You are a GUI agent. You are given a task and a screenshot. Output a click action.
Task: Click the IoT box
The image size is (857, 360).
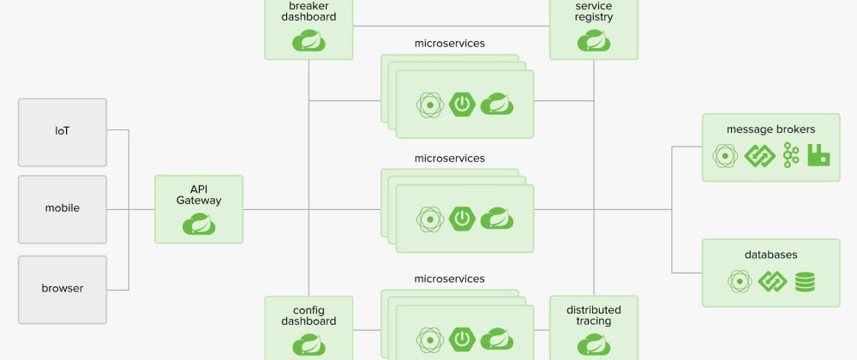pyautogui.click(x=63, y=131)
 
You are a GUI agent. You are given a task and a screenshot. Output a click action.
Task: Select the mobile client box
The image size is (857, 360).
pyautogui.click(x=63, y=208)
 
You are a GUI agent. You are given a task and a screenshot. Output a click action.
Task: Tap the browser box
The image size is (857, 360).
pyautogui.click(x=63, y=288)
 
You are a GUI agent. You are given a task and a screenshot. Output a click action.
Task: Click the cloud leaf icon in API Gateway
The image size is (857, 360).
pyautogui.click(x=199, y=224)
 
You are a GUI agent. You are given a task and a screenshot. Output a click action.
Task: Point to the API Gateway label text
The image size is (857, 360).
pyautogui.click(x=199, y=194)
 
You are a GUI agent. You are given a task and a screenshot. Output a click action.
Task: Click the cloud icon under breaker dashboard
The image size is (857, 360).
pyautogui.click(x=308, y=39)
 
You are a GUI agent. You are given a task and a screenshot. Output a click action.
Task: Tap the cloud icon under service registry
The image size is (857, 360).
pyautogui.click(x=593, y=39)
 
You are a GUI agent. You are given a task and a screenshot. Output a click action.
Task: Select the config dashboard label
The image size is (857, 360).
pyautogui.click(x=308, y=315)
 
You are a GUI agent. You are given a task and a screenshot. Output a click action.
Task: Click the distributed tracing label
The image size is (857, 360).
pyautogui.click(x=593, y=315)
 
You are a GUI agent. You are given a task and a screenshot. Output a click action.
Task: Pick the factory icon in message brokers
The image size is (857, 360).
pyautogui.click(x=818, y=155)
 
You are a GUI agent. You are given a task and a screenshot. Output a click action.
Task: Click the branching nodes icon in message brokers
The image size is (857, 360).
pyautogui.click(x=790, y=155)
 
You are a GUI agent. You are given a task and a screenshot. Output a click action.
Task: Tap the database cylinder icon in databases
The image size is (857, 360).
pyautogui.click(x=805, y=281)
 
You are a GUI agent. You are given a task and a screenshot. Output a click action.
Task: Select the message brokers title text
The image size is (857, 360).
pyautogui.click(x=770, y=129)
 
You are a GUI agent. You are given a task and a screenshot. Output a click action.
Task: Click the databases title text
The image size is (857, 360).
pyautogui.click(x=770, y=255)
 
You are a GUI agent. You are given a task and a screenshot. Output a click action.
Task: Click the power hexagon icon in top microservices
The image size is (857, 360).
pyautogui.click(x=463, y=105)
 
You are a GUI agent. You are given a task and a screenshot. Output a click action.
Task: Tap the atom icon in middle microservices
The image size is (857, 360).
pyautogui.click(x=429, y=219)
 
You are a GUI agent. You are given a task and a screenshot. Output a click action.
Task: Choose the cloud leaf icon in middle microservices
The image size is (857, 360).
pyautogui.click(x=496, y=219)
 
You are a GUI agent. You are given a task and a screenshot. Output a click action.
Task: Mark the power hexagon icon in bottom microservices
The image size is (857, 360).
pyautogui.click(x=463, y=340)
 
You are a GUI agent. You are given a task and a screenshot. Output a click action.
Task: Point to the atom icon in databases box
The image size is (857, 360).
pyautogui.click(x=740, y=281)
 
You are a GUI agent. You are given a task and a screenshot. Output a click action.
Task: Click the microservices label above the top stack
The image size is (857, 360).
pyautogui.click(x=449, y=43)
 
